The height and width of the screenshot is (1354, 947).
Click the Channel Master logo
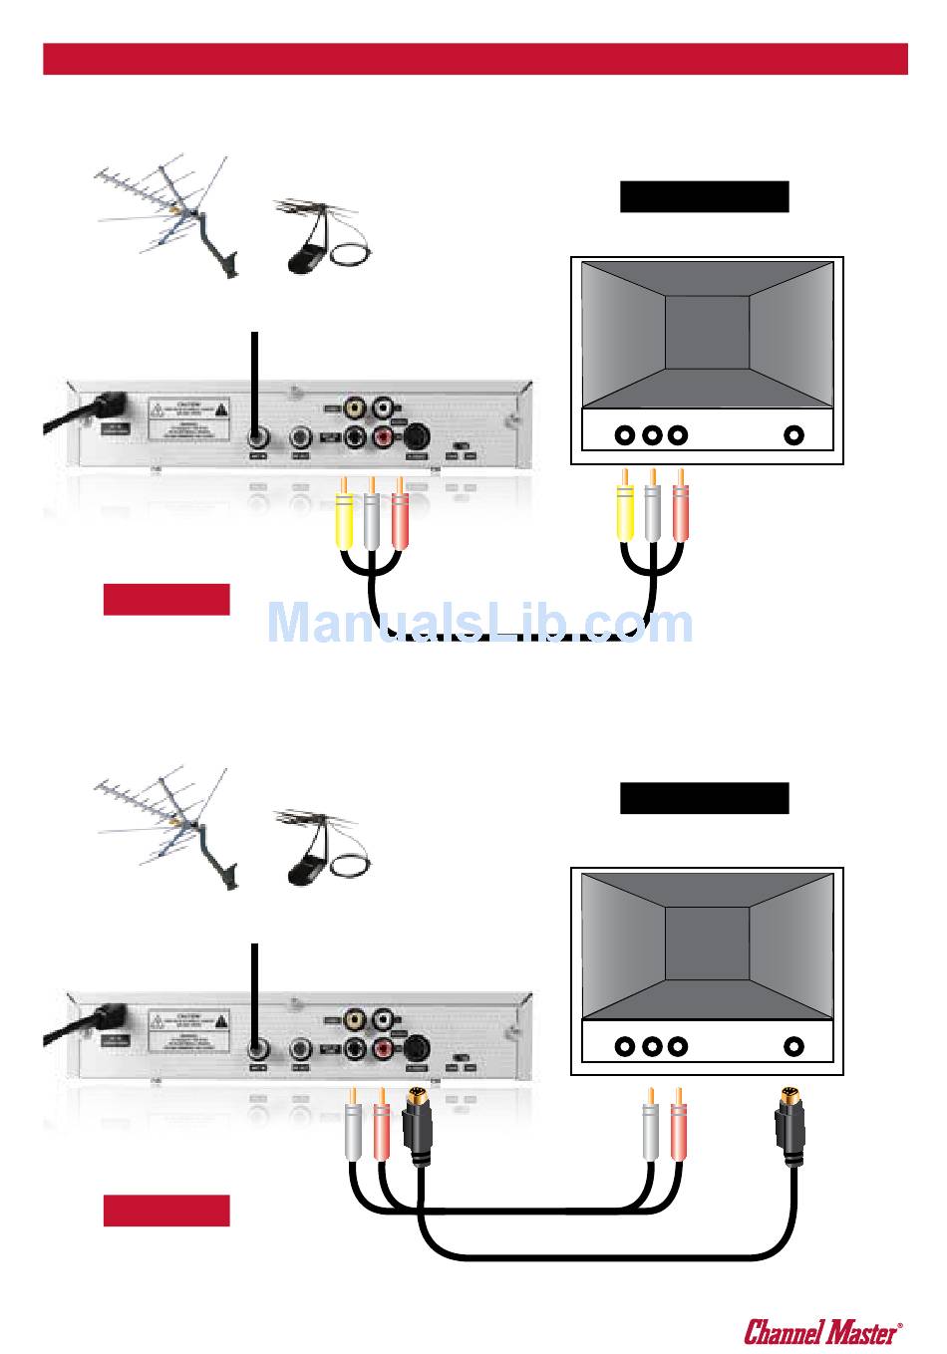tap(823, 1330)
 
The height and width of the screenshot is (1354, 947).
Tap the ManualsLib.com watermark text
tap(480, 624)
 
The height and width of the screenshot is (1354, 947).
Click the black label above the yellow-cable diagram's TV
tap(704, 196)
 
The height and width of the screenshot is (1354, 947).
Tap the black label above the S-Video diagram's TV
tap(704, 798)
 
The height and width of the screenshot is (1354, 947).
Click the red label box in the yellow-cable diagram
tap(166, 600)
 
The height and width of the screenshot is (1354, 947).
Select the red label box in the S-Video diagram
tap(166, 1211)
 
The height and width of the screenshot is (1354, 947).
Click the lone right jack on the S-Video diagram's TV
tap(794, 1047)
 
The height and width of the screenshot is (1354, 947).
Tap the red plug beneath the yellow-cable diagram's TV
tap(680, 516)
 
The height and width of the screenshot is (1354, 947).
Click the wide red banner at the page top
tap(474, 60)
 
